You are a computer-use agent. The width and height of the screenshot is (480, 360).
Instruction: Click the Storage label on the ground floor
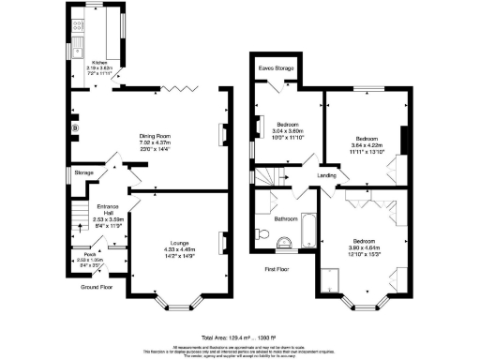tap(84, 172)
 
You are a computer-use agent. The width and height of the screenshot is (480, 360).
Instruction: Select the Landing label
tap(326, 175)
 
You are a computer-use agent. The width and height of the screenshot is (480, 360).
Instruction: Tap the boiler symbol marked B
tap(74, 127)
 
